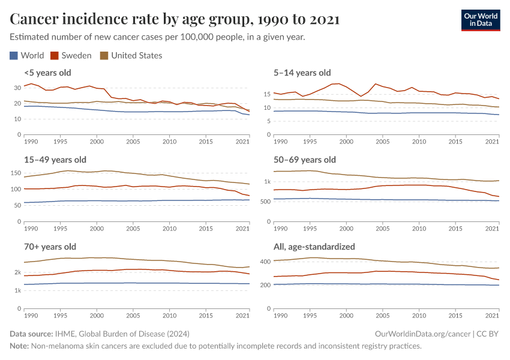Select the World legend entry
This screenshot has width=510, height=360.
tap(27, 56)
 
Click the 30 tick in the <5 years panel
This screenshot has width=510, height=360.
tap(16, 88)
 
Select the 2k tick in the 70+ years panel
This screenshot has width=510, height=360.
tap(17, 272)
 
